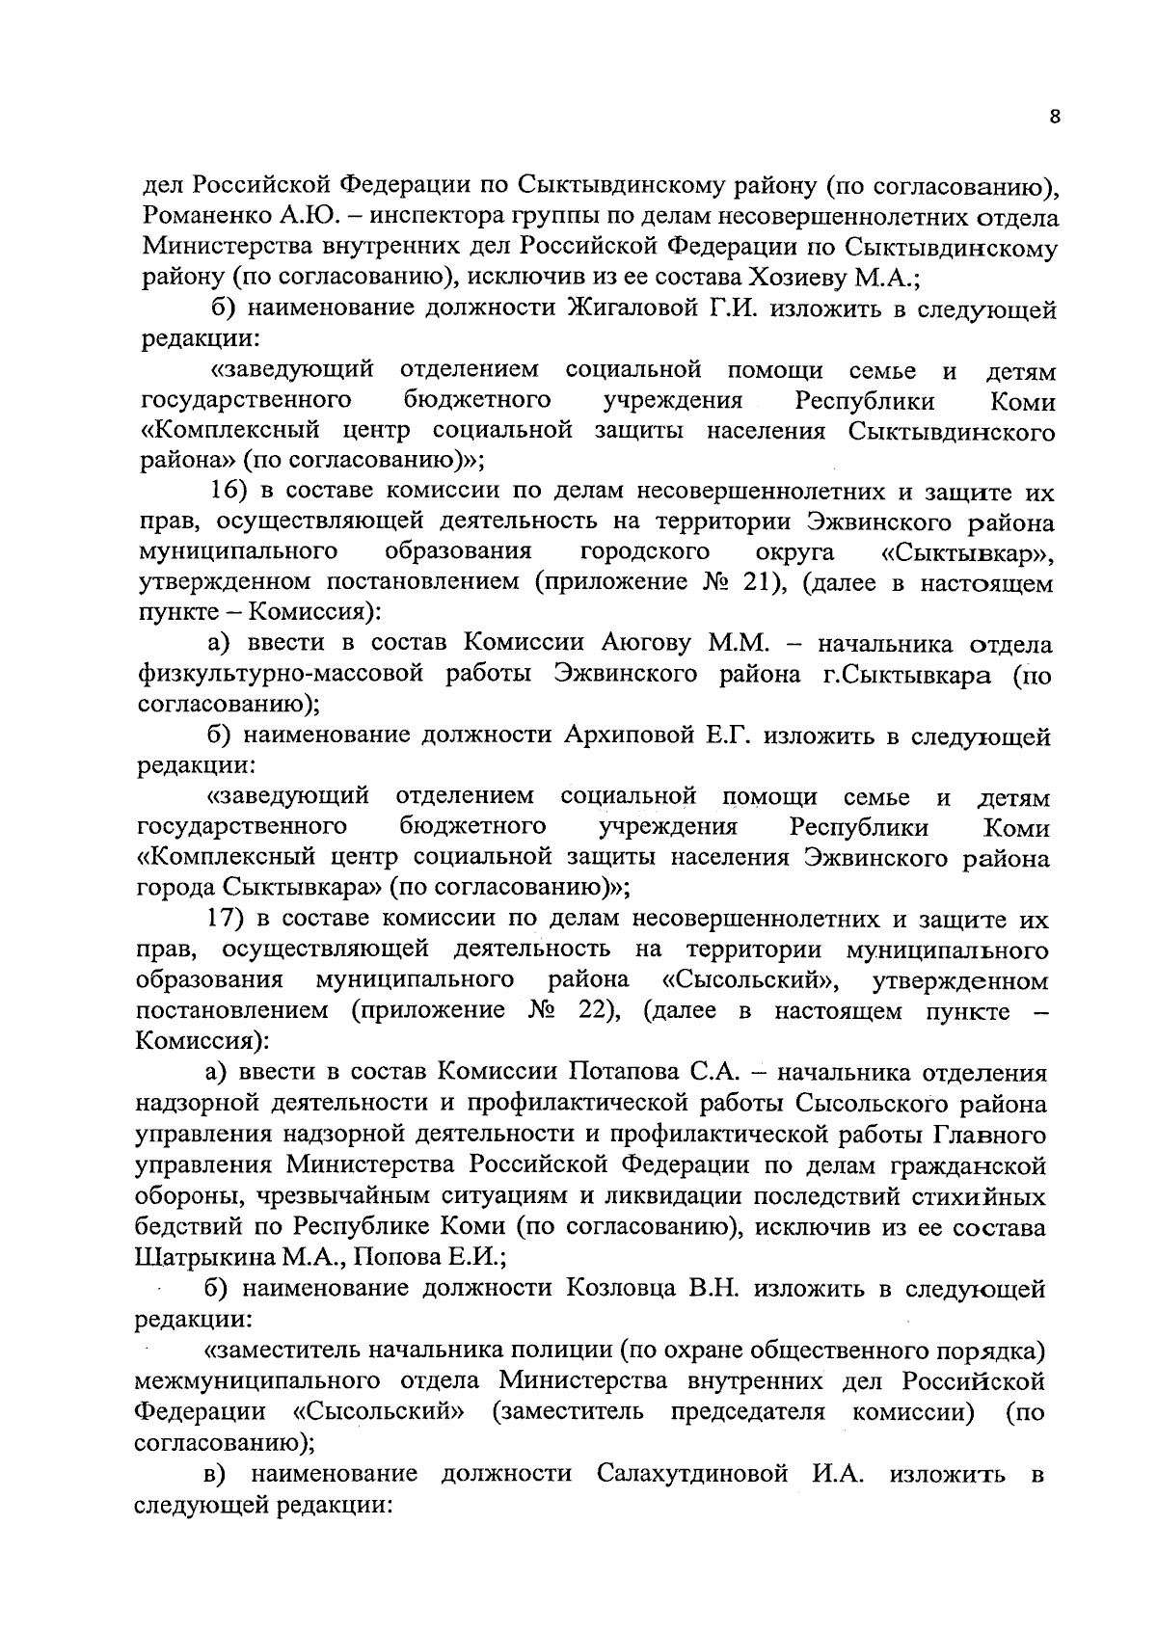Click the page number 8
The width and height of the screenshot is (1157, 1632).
pyautogui.click(x=1054, y=117)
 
